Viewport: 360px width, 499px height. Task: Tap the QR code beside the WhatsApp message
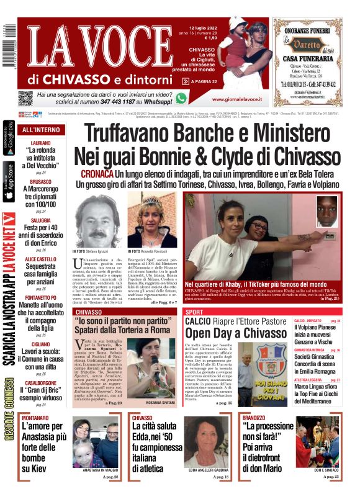(25, 98)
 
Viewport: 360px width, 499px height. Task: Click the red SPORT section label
(194, 312)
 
